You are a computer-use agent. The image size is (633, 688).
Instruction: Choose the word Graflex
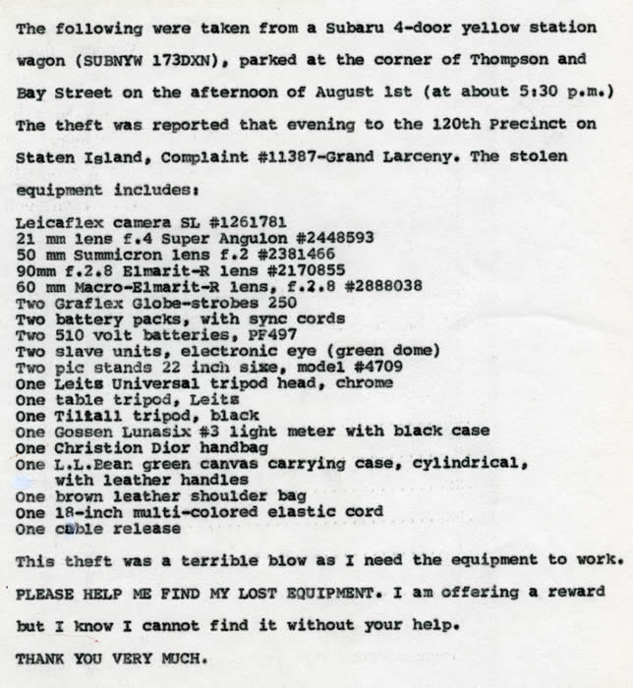(87, 303)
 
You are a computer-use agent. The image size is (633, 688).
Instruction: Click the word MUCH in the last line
(175, 658)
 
